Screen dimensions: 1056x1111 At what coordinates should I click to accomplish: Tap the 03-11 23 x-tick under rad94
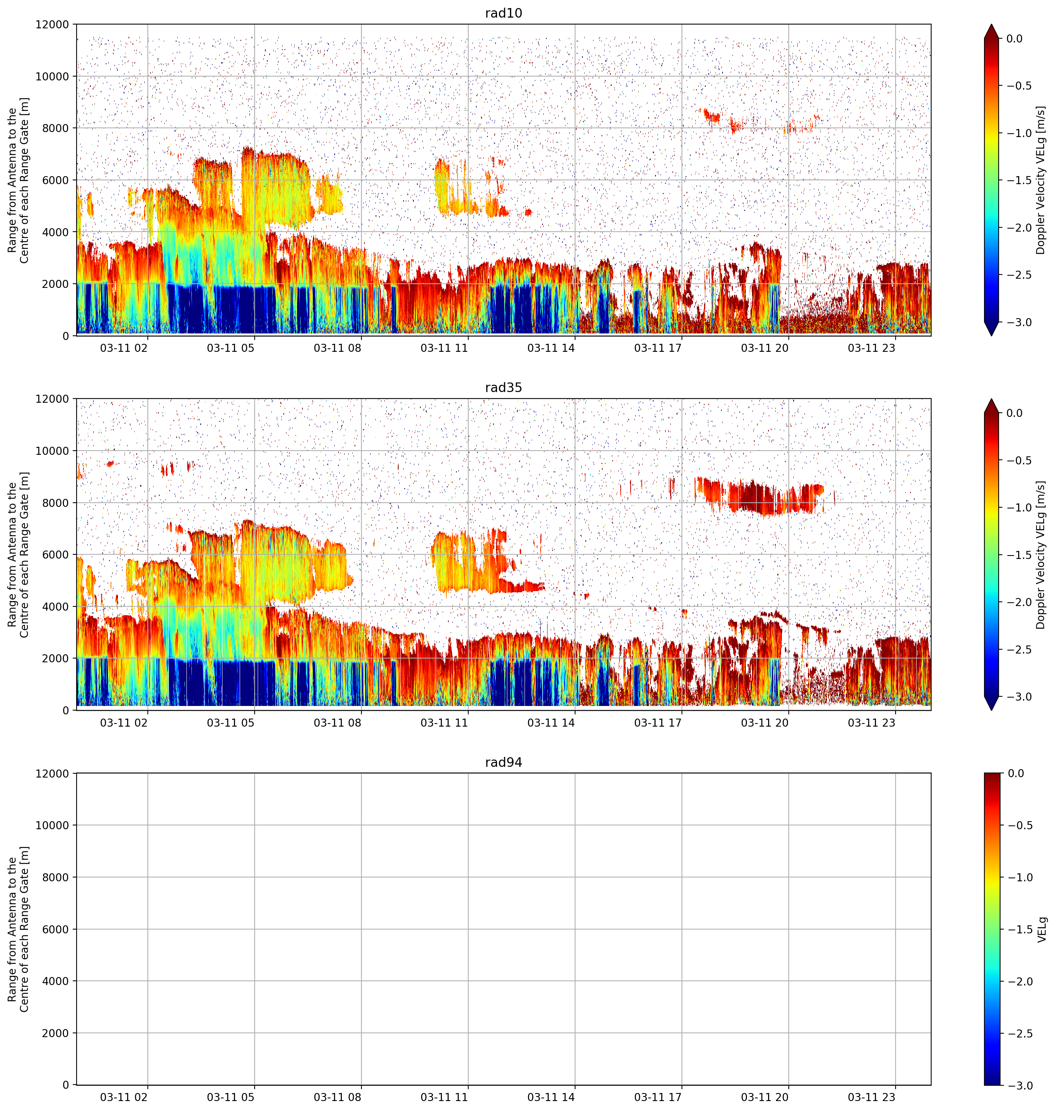[x=871, y=1097]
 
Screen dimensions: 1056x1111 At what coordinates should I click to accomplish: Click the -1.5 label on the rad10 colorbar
[x=1018, y=180]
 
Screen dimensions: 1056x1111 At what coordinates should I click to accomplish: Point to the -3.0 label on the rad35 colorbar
[x=1018, y=697]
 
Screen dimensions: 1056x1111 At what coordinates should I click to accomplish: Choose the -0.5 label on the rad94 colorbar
[x=1018, y=825]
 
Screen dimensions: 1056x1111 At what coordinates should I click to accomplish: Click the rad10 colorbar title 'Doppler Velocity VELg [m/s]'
[x=1040, y=180]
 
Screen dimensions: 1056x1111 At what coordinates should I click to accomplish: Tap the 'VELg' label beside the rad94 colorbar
[x=1041, y=929]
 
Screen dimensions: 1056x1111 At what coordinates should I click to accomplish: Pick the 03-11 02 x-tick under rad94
[x=124, y=1097]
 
